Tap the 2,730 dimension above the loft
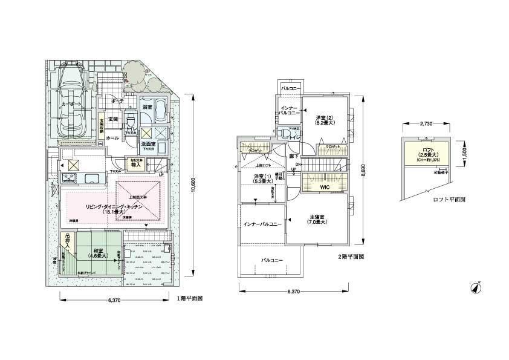click(x=425, y=124)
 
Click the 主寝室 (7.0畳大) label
click(x=317, y=219)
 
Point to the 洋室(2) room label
click(x=325, y=119)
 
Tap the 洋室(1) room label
click(x=255, y=179)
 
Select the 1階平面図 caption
click(x=189, y=298)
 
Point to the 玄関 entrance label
click(x=113, y=119)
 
